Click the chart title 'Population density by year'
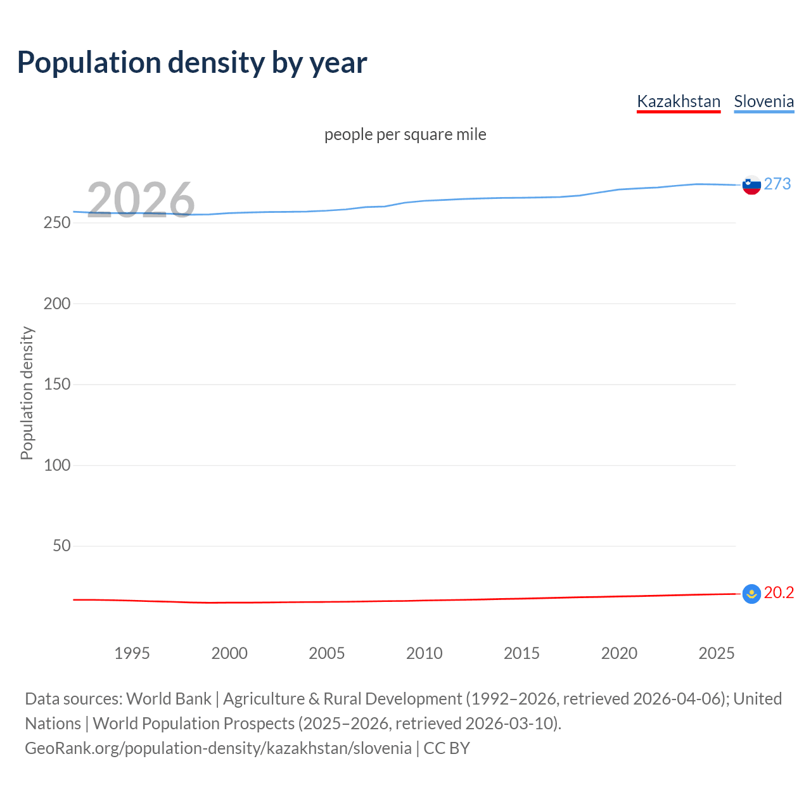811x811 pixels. click(192, 63)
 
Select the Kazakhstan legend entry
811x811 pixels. click(679, 101)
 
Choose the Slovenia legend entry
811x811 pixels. click(763, 101)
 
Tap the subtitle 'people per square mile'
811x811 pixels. click(405, 135)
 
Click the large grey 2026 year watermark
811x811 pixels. click(141, 200)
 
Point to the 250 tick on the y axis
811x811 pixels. click(57, 223)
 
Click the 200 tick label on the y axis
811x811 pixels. click(57, 303)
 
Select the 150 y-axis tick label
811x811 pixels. click(57, 385)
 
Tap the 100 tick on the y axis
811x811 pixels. click(57, 465)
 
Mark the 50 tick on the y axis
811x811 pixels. click(61, 546)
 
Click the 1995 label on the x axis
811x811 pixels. click(132, 653)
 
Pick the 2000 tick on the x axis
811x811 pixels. click(229, 653)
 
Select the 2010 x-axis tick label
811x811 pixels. click(424, 653)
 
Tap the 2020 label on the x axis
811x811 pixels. click(619, 653)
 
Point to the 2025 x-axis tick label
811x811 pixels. click(717, 653)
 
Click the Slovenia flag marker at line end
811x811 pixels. click(751, 185)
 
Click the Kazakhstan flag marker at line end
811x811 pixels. click(751, 594)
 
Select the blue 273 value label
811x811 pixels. click(777, 184)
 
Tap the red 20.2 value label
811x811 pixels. click(779, 593)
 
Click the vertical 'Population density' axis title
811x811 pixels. click(27, 393)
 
